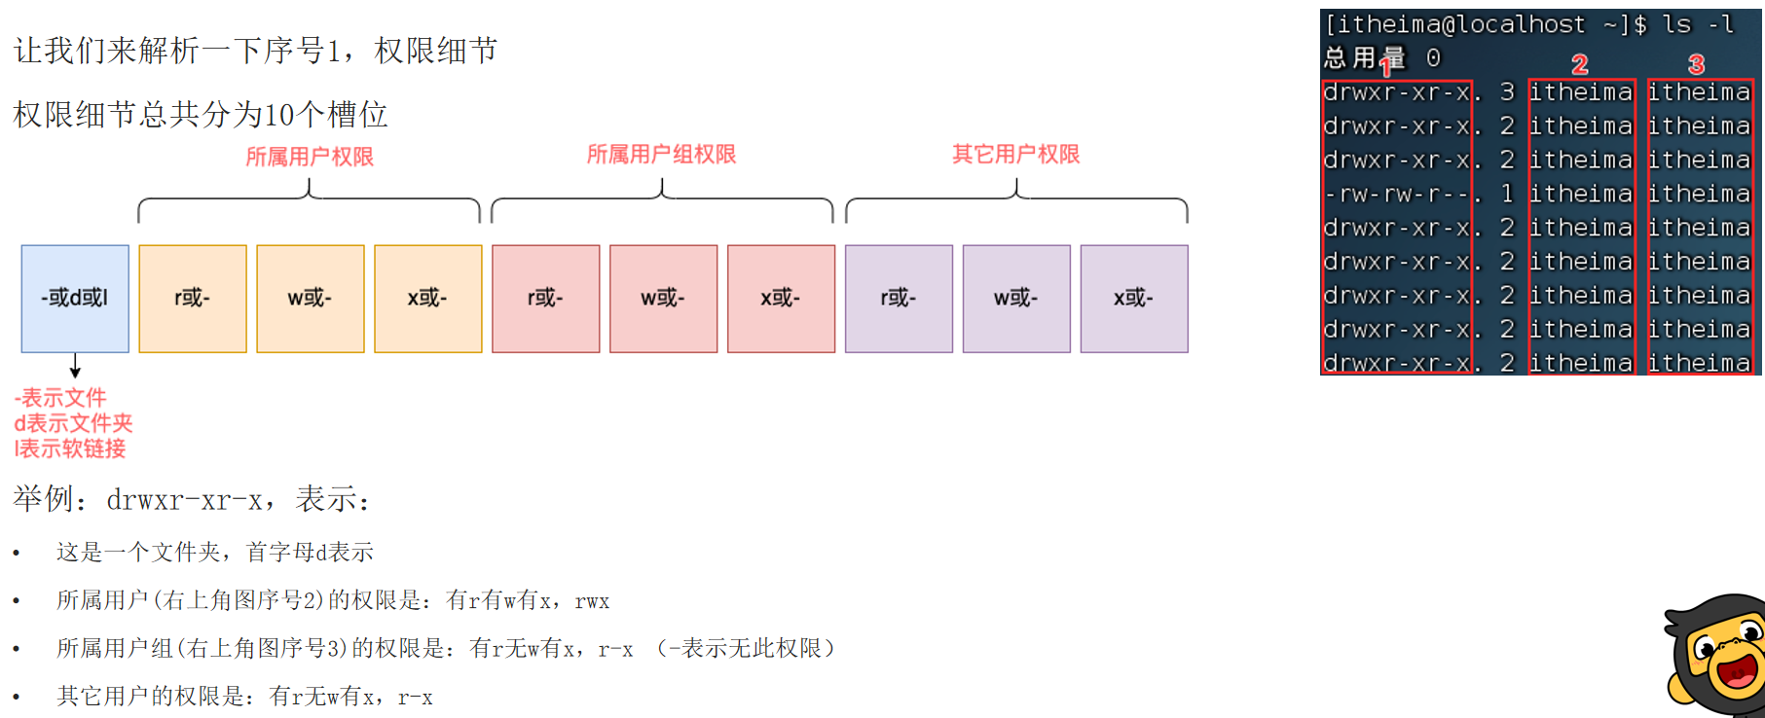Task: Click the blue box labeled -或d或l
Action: pos(75,299)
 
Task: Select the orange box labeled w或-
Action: pos(311,299)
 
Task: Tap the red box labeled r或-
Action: pos(546,299)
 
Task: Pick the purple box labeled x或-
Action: pos(1134,299)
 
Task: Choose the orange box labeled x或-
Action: pos(428,299)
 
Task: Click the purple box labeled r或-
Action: pos(899,299)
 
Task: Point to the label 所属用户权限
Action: pos(310,157)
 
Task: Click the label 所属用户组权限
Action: pos(661,154)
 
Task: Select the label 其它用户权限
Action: pos(1015,154)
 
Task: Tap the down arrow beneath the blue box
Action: pos(75,366)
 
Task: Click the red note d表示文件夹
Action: pos(73,423)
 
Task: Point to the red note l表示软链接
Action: pos(70,449)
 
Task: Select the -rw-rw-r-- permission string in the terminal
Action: pos(1396,195)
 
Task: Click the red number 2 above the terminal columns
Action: pos(1579,65)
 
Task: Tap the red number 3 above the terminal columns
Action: pos(1696,65)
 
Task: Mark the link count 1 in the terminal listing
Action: pos(1507,195)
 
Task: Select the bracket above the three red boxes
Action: pos(662,198)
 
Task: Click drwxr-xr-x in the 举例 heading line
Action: pos(185,500)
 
